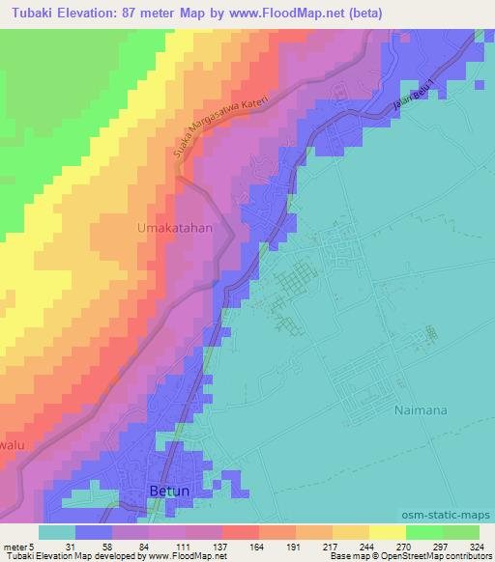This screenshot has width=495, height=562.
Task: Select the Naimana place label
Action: [x=422, y=409]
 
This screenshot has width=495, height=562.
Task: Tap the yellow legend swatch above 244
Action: [x=351, y=532]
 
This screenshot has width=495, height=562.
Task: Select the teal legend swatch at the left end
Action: [x=57, y=532]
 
